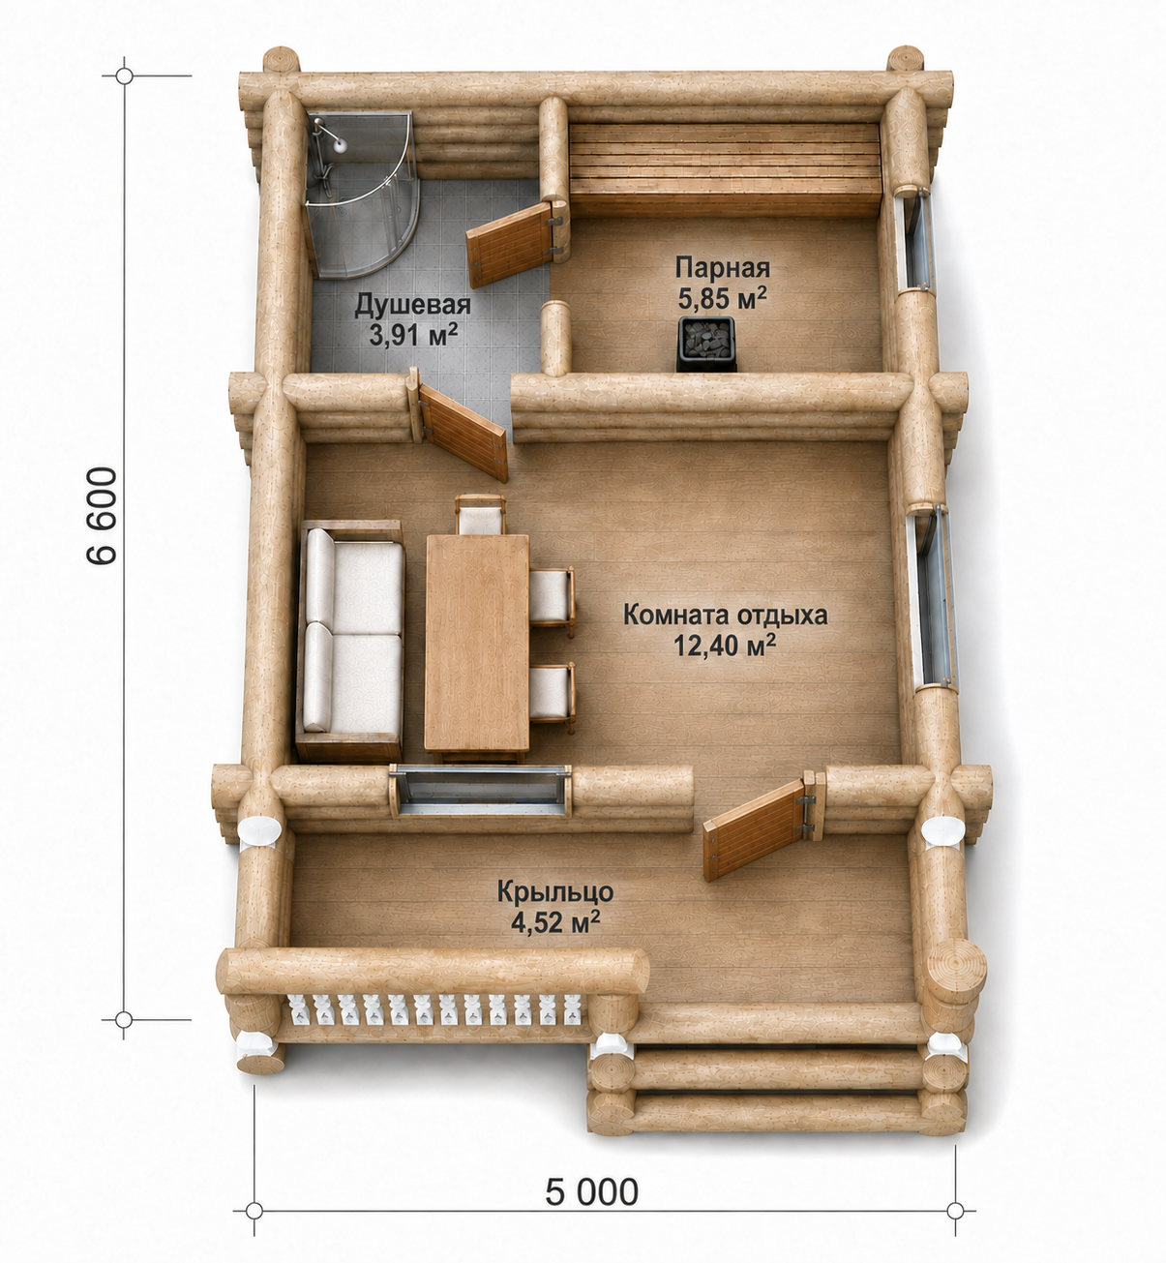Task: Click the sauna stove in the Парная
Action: point(705,344)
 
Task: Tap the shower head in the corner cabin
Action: point(340,145)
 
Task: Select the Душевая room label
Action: point(412,305)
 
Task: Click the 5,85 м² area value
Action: point(722,298)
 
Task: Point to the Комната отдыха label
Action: point(725,615)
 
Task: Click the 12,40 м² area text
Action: point(725,646)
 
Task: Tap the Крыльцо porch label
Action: point(555,891)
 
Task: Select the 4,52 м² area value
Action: point(555,921)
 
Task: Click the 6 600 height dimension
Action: point(102,516)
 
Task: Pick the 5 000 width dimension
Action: point(591,1191)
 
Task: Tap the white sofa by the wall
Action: point(350,641)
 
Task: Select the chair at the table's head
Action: point(480,515)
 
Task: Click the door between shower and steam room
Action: point(515,242)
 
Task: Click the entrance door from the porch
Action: point(761,827)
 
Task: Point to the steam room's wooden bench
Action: point(725,169)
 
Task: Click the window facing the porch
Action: point(480,791)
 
